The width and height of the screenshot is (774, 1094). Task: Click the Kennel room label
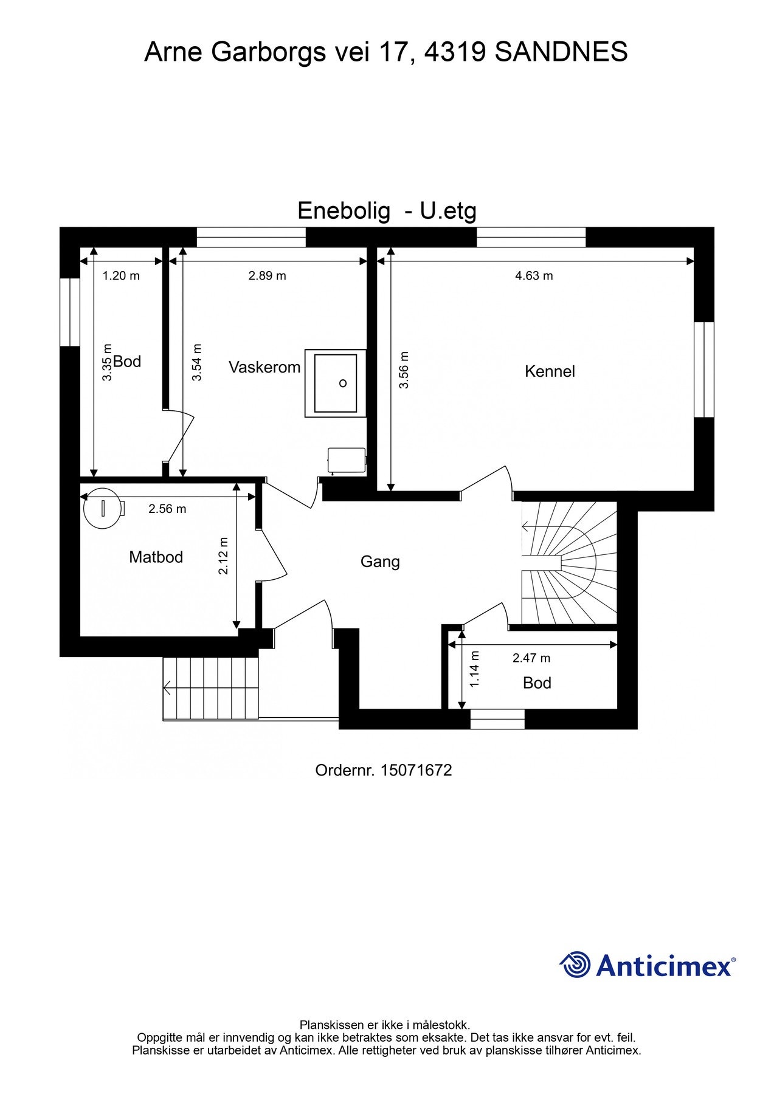point(550,371)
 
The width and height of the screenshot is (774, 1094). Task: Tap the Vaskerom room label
point(264,367)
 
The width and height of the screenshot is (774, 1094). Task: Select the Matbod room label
point(156,557)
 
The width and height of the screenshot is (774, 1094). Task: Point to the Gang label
point(380,562)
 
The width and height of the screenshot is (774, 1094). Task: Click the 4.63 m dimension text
point(534,276)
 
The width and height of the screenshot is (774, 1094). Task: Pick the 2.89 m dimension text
point(267,276)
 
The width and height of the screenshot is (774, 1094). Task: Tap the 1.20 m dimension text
point(121,276)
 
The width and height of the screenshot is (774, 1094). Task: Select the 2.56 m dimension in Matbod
point(167,509)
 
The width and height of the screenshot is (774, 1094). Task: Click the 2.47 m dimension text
point(531,658)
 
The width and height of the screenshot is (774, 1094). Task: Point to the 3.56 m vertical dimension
point(404,370)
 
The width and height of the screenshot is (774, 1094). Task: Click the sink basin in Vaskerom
point(335,383)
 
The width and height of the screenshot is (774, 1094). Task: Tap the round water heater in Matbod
point(102,507)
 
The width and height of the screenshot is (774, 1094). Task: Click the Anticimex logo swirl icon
point(575,965)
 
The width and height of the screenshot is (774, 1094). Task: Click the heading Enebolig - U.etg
point(387,211)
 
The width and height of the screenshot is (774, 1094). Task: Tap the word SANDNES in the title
point(561,52)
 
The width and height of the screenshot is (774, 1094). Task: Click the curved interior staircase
point(568,562)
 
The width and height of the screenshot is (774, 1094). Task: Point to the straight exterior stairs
point(211,688)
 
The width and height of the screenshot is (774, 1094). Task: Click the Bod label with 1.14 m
point(537,683)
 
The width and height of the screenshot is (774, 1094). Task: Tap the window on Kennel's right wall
point(704,370)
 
